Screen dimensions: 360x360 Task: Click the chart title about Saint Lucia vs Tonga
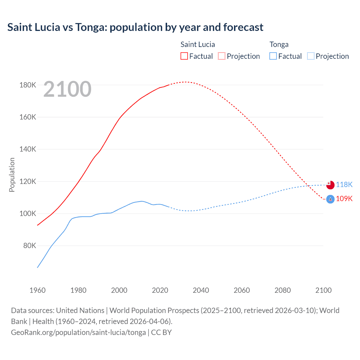[135, 27]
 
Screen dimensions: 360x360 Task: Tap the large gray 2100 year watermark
[67, 89]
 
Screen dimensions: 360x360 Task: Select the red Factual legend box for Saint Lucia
[184, 56]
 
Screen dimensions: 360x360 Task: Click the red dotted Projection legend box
[222, 56]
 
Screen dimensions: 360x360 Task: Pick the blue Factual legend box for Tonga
[273, 56]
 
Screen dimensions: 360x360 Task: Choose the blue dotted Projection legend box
[310, 56]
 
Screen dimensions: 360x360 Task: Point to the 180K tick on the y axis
[28, 85]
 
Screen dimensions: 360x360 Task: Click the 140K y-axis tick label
[28, 149]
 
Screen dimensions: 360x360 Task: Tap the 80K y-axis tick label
[30, 246]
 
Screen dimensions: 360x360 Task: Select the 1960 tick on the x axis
[37, 290]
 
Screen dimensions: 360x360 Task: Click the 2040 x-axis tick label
[201, 290]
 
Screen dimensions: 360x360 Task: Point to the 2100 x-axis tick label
[323, 290]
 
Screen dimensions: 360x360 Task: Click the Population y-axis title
[12, 175]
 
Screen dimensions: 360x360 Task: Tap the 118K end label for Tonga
[344, 184]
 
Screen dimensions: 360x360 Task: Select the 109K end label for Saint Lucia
[344, 199]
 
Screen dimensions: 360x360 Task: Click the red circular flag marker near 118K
[330, 185]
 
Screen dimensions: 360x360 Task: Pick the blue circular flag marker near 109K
[330, 199]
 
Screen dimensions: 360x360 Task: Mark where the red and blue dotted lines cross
[308, 186]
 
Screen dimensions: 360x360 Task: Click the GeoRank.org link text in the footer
[78, 332]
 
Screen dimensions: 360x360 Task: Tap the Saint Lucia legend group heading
[197, 44]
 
